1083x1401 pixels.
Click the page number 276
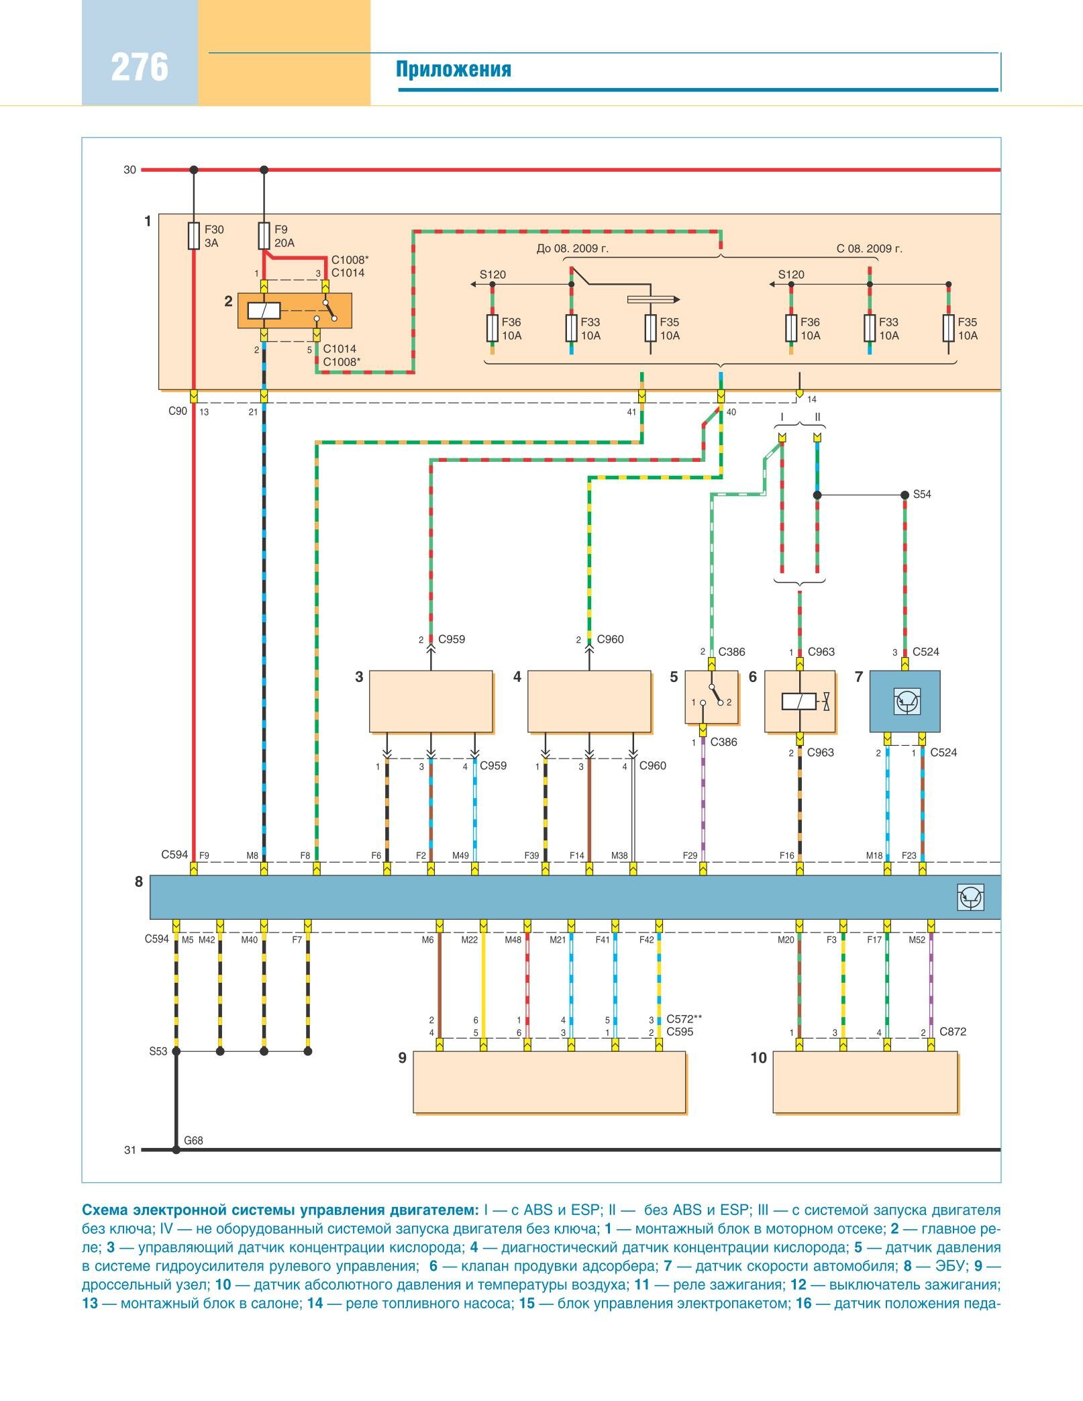[x=140, y=68]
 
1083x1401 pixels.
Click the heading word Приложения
[x=453, y=70]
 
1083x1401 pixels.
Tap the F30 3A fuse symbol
[x=194, y=236]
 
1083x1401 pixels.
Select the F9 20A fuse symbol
[x=264, y=236]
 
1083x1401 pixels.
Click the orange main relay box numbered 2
[x=294, y=311]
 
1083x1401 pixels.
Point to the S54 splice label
[x=922, y=495]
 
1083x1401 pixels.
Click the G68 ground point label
[x=193, y=1141]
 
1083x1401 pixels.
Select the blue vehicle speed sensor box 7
[x=905, y=702]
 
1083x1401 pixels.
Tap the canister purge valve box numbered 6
[x=800, y=702]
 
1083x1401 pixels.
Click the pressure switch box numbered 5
[x=711, y=698]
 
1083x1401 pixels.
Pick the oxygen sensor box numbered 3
[x=431, y=702]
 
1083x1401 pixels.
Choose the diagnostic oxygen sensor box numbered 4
[x=589, y=702]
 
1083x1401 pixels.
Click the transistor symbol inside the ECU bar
[x=971, y=898]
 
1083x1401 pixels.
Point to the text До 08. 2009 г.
[x=572, y=249]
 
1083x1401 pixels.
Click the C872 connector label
[x=953, y=1032]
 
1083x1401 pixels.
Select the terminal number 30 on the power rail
[x=130, y=170]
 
